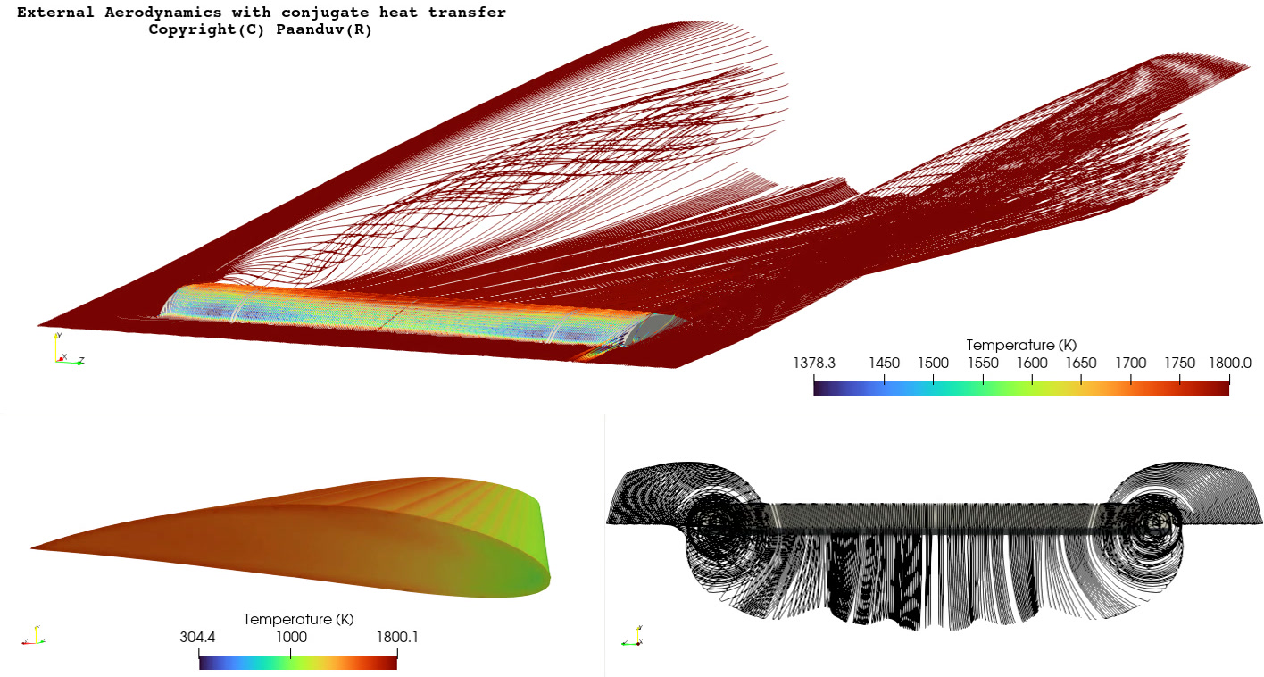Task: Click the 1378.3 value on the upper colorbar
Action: click(x=814, y=363)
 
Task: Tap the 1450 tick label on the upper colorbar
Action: click(x=884, y=363)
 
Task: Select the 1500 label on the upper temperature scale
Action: click(x=933, y=363)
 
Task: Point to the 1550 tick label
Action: click(x=983, y=363)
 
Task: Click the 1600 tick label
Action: click(x=1032, y=363)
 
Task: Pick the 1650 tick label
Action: click(x=1081, y=363)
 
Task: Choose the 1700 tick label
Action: click(x=1130, y=363)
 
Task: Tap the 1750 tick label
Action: click(x=1179, y=363)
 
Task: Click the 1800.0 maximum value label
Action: click(x=1229, y=363)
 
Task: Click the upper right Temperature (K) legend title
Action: click(x=1021, y=345)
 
